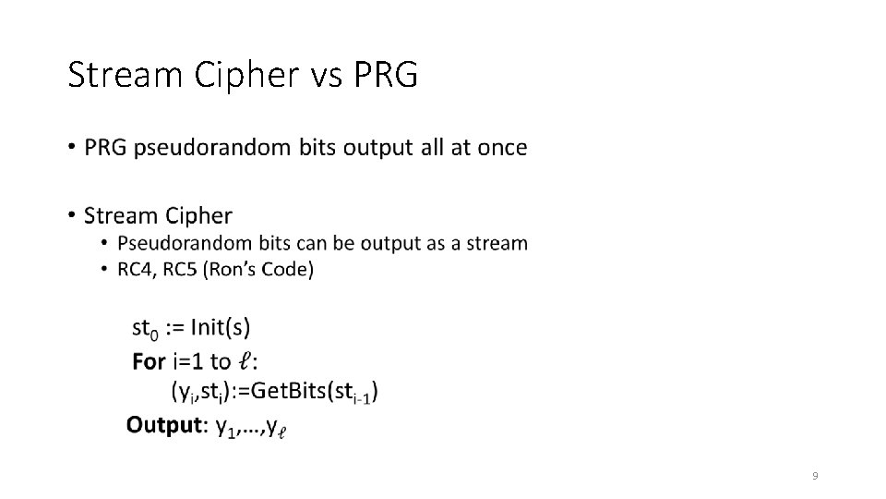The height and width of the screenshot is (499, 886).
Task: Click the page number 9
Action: (x=815, y=476)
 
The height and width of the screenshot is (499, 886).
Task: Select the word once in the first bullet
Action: (x=502, y=148)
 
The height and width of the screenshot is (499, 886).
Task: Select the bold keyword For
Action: (x=150, y=361)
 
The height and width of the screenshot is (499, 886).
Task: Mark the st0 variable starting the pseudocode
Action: (x=146, y=329)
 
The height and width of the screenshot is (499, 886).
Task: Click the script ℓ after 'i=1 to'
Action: (x=245, y=361)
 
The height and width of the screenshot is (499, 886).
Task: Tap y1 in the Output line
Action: (x=222, y=427)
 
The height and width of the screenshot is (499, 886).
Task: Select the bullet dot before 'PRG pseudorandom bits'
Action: (x=72, y=148)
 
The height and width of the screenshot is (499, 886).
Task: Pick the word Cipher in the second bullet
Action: (x=198, y=216)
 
